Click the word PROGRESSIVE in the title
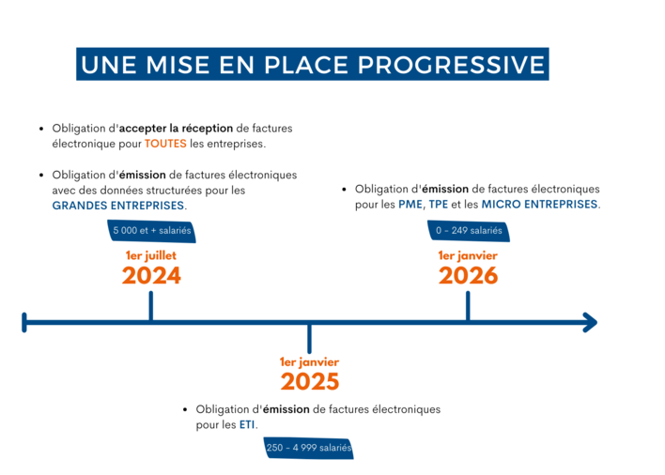[x=451, y=65]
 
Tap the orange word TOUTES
[x=165, y=144]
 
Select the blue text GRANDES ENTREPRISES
[x=118, y=206]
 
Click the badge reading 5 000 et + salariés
[x=151, y=231]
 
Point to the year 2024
[x=151, y=276]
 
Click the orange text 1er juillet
[x=151, y=255]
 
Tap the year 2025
[x=310, y=381]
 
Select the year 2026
[x=468, y=276]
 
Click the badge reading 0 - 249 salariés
[x=469, y=231]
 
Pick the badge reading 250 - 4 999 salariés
[x=309, y=448]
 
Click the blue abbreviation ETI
[x=247, y=424]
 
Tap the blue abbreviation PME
[x=410, y=205]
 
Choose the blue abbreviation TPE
[x=439, y=205]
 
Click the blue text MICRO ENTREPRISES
[x=539, y=205]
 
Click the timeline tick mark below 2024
[x=151, y=306]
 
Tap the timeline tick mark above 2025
[x=310, y=339]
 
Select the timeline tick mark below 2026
[x=468, y=306]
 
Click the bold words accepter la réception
[x=176, y=129]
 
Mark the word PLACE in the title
[x=306, y=65]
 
